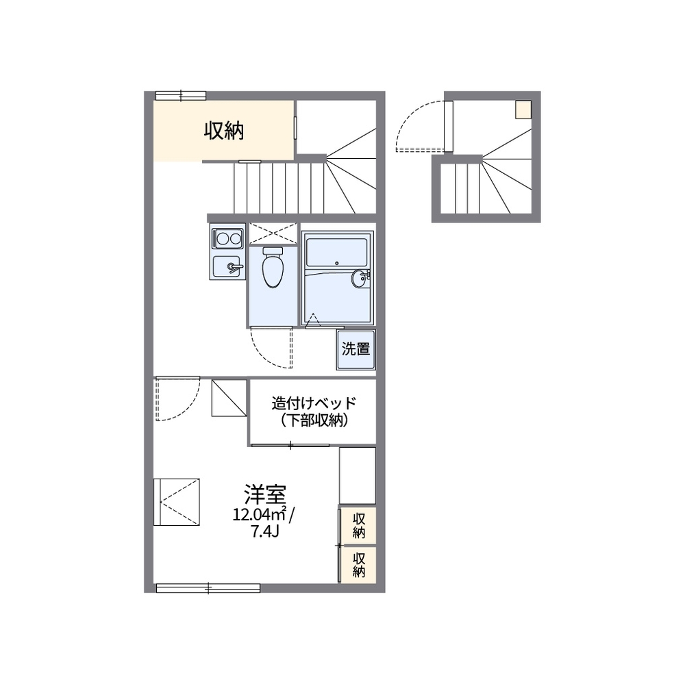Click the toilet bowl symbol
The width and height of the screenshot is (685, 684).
point(273,267)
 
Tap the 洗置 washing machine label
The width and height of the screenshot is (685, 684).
point(356,349)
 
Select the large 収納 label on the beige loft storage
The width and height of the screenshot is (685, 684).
point(224,131)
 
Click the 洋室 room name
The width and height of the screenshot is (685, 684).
point(264,494)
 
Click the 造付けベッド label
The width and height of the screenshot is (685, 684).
point(314,403)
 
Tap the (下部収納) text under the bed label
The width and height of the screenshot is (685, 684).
point(314,420)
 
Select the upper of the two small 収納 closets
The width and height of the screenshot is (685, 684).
point(358,526)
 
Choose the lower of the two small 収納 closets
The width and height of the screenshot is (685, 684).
point(358,564)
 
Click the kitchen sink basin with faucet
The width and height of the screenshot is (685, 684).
point(227,266)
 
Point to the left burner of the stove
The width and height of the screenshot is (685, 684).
point(222,238)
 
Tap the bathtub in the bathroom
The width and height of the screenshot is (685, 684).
point(336,252)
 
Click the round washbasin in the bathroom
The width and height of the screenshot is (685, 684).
point(359,279)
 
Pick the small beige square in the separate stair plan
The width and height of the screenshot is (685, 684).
point(523,109)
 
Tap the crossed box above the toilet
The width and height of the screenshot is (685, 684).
point(273,233)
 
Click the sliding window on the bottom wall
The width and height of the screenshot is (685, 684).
point(208,588)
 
